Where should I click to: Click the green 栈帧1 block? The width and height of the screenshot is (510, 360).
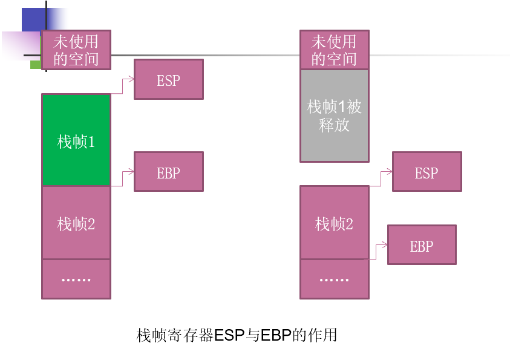pyautogui.click(x=76, y=140)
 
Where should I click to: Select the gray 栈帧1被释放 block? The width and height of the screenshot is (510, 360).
pyautogui.click(x=335, y=116)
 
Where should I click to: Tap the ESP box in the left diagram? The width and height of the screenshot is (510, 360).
pyautogui.click(x=169, y=79)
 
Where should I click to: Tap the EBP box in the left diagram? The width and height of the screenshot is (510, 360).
pyautogui.click(x=169, y=171)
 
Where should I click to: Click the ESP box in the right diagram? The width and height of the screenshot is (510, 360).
pyautogui.click(x=427, y=171)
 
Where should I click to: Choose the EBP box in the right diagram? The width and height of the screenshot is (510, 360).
pyautogui.click(x=422, y=244)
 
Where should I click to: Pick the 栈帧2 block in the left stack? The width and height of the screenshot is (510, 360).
pyautogui.click(x=76, y=223)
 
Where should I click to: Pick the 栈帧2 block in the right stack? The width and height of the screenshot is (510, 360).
pyautogui.click(x=335, y=223)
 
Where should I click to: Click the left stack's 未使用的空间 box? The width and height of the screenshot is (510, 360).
pyautogui.click(x=76, y=50)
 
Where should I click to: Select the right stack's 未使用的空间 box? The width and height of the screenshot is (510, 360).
pyautogui.click(x=335, y=50)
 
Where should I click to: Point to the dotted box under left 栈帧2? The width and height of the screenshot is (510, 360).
pyautogui.click(x=76, y=279)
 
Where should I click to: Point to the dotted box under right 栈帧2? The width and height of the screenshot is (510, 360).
pyautogui.click(x=335, y=279)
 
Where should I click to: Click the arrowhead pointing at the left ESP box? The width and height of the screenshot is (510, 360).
pyautogui.click(x=131, y=79)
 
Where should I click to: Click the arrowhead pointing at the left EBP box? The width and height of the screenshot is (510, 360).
pyautogui.click(x=131, y=171)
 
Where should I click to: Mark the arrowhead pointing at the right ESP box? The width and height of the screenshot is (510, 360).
pyautogui.click(x=390, y=171)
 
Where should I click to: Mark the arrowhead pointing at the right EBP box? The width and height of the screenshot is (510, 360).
pyautogui.click(x=384, y=244)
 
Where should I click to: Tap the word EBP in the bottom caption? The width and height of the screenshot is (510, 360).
pyautogui.click(x=275, y=335)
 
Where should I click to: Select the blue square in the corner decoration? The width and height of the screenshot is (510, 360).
pyautogui.click(x=34, y=20)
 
